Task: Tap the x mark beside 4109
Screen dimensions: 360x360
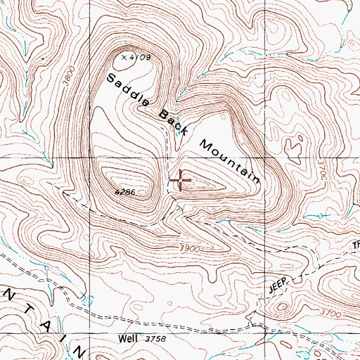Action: tap(124, 57)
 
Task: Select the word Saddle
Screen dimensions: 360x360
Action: tap(128, 90)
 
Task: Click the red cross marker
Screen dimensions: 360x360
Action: tap(181, 181)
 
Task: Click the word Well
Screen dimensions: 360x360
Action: tap(129, 339)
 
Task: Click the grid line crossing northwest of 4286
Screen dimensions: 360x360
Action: tap(90, 157)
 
